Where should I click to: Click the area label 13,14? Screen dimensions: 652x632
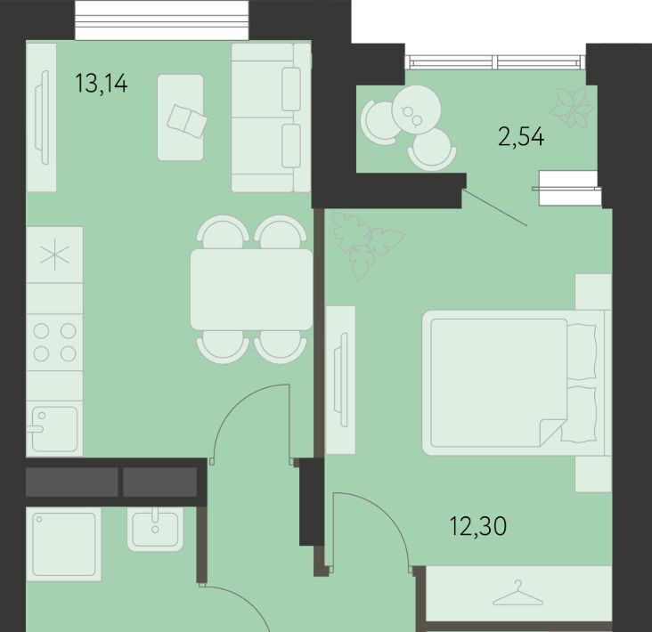pos(102,83)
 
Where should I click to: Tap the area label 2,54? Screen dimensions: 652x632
pos(521,137)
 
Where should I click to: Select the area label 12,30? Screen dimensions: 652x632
pos(478,526)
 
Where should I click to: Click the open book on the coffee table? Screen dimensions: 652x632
pos(187,120)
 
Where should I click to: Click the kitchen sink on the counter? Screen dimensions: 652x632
pos(54,429)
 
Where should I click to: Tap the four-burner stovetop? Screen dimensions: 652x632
pos(54,343)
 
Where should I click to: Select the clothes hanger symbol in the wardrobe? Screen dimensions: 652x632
pos(518,594)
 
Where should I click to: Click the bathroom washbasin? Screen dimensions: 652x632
pos(155,530)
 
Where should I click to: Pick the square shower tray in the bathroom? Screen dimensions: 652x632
pos(64,544)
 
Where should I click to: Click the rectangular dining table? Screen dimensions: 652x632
pos(251,289)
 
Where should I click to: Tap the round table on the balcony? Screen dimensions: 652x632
pos(417,109)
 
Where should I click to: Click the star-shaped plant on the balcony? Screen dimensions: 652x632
pos(572,108)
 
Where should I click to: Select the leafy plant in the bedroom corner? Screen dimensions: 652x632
pos(366,244)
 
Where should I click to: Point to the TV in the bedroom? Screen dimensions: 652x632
pos(341,380)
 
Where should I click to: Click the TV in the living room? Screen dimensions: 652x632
pos(42,117)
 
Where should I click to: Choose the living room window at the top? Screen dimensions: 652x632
pos(162,20)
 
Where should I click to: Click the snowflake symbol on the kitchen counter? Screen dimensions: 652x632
pos(54,255)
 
